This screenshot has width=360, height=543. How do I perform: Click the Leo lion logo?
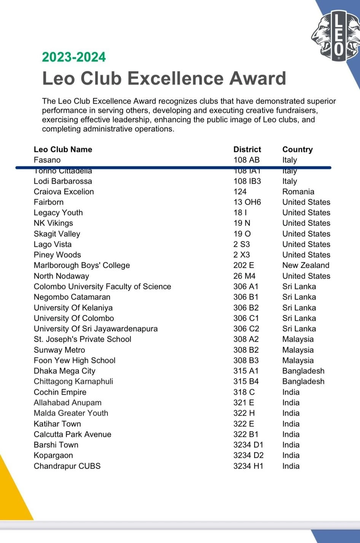click(335, 36)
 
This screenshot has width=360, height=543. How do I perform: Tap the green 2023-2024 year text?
click(74, 57)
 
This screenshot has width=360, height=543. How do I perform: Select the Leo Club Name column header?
click(63, 149)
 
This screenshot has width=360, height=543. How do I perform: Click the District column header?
click(247, 149)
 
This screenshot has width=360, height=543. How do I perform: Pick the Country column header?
click(297, 149)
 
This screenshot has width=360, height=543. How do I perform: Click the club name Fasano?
click(47, 160)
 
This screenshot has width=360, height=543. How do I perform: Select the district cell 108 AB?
click(246, 160)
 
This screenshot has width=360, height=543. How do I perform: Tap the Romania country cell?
click(298, 192)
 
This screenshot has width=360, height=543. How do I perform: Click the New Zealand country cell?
click(306, 265)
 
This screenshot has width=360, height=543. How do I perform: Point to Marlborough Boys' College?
click(82, 265)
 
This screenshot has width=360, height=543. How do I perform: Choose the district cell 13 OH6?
click(247, 202)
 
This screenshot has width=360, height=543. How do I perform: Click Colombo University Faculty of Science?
click(102, 286)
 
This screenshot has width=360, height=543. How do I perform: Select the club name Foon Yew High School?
click(75, 360)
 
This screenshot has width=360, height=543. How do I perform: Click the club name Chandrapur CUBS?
click(67, 466)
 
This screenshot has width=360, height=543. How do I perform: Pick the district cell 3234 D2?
click(248, 455)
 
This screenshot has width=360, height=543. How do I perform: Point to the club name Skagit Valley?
click(57, 234)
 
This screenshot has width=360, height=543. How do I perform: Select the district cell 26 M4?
click(244, 276)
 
